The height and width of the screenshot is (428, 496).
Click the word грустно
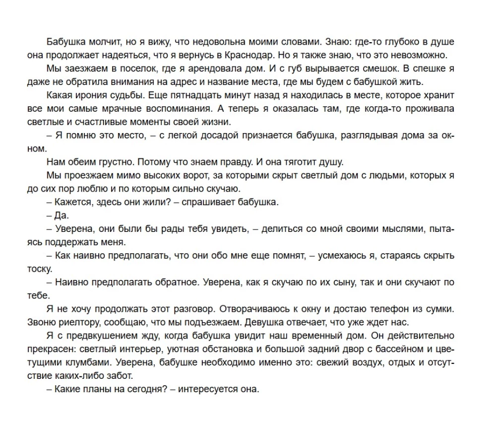(x=114, y=162)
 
